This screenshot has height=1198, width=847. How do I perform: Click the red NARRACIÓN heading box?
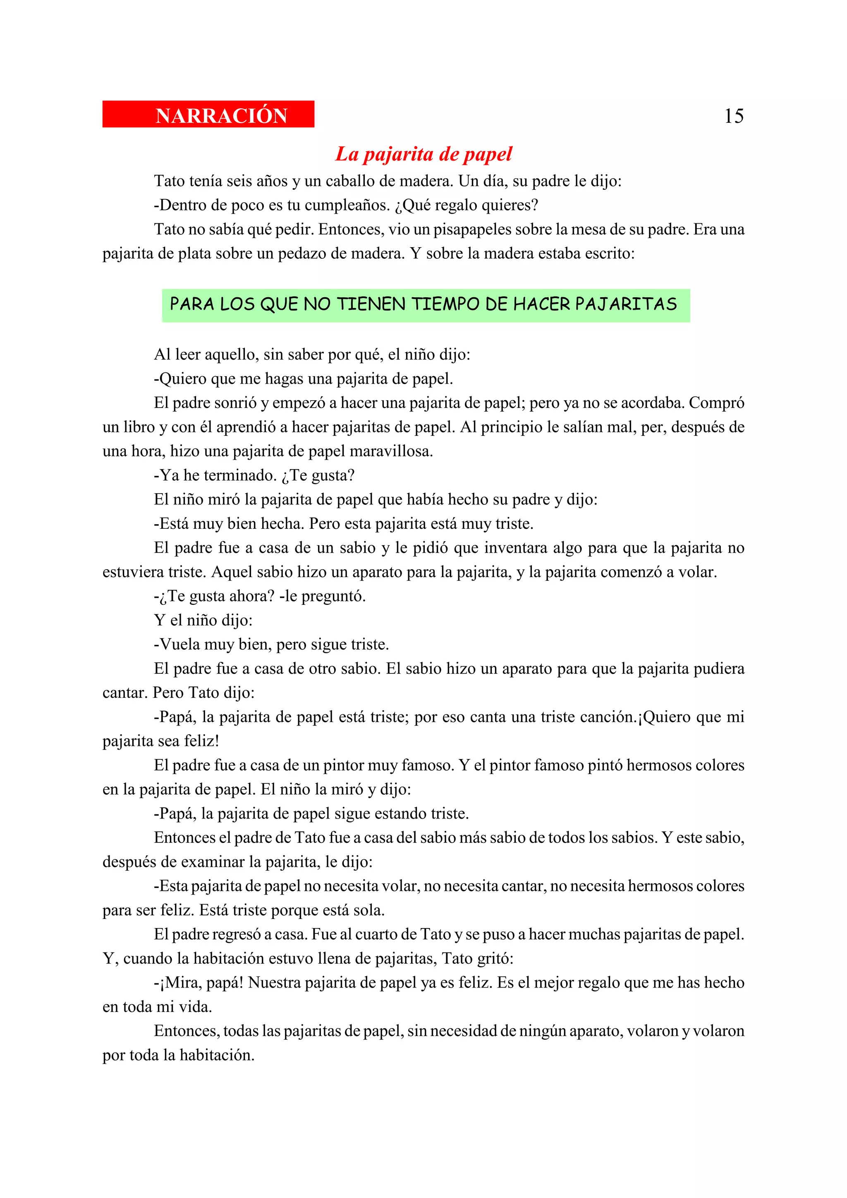pos(208,114)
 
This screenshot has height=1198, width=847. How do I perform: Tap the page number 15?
pos(733,116)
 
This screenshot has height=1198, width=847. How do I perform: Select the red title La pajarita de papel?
pos(423,154)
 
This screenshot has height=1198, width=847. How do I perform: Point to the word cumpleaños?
pos(347,205)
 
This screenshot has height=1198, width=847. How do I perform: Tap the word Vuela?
pos(179,644)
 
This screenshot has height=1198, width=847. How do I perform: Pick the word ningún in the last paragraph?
pos(542,1031)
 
